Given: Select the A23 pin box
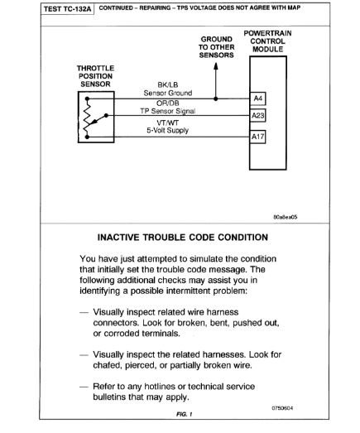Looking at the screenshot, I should pos(257,116).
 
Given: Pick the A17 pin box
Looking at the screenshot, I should pos(257,137).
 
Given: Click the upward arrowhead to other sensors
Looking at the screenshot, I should pos(216,67).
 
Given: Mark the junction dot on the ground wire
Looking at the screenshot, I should pos(216,99).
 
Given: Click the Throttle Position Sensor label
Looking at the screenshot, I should pos(94,75).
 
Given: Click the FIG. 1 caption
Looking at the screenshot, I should pos(180,411).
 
